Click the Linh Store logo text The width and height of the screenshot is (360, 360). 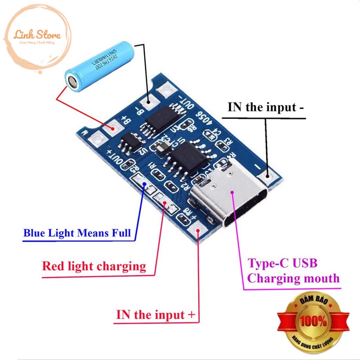(x=37, y=35)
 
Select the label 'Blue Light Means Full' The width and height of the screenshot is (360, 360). (x=77, y=233)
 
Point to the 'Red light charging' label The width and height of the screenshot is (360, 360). (x=94, y=266)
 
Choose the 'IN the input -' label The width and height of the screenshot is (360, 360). (x=266, y=107)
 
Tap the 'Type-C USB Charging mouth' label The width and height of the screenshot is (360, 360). (x=293, y=271)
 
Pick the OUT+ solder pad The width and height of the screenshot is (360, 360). (x=95, y=140)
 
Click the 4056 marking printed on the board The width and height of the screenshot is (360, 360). (x=206, y=119)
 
